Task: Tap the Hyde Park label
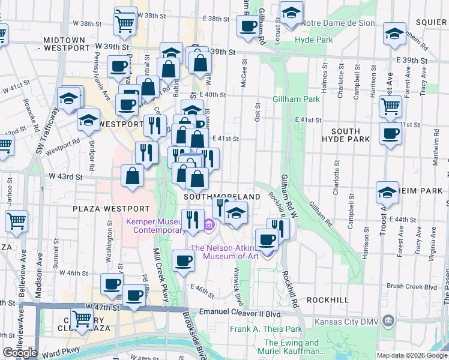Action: [x=313, y=40]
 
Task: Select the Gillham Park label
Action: [x=296, y=99]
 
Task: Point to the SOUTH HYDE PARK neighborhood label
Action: [x=346, y=135]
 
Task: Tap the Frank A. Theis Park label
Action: [x=266, y=329]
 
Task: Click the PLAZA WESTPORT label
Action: [x=110, y=209]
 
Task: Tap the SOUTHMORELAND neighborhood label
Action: [x=222, y=197]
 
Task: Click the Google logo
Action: [x=20, y=352]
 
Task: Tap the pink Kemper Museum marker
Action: [x=209, y=226]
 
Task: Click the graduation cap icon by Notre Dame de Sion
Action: [x=291, y=13]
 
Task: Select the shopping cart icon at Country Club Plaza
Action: [x=82, y=319]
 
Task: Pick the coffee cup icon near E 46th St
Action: [x=183, y=261]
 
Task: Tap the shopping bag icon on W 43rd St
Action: [x=132, y=177]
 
